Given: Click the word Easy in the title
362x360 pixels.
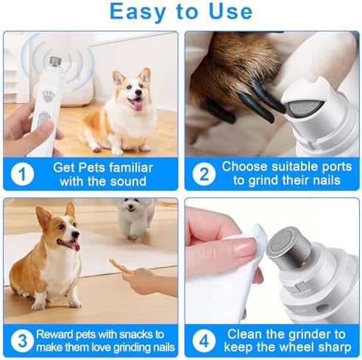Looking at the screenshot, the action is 138,13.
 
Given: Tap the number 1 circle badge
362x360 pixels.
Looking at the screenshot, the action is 22,174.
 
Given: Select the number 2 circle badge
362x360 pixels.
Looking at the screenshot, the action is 204,174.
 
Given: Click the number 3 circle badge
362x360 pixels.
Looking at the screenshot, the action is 22,341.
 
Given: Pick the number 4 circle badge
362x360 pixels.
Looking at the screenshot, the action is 204,341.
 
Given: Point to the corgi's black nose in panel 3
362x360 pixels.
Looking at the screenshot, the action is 76,235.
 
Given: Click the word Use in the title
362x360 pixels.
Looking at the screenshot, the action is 230,11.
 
